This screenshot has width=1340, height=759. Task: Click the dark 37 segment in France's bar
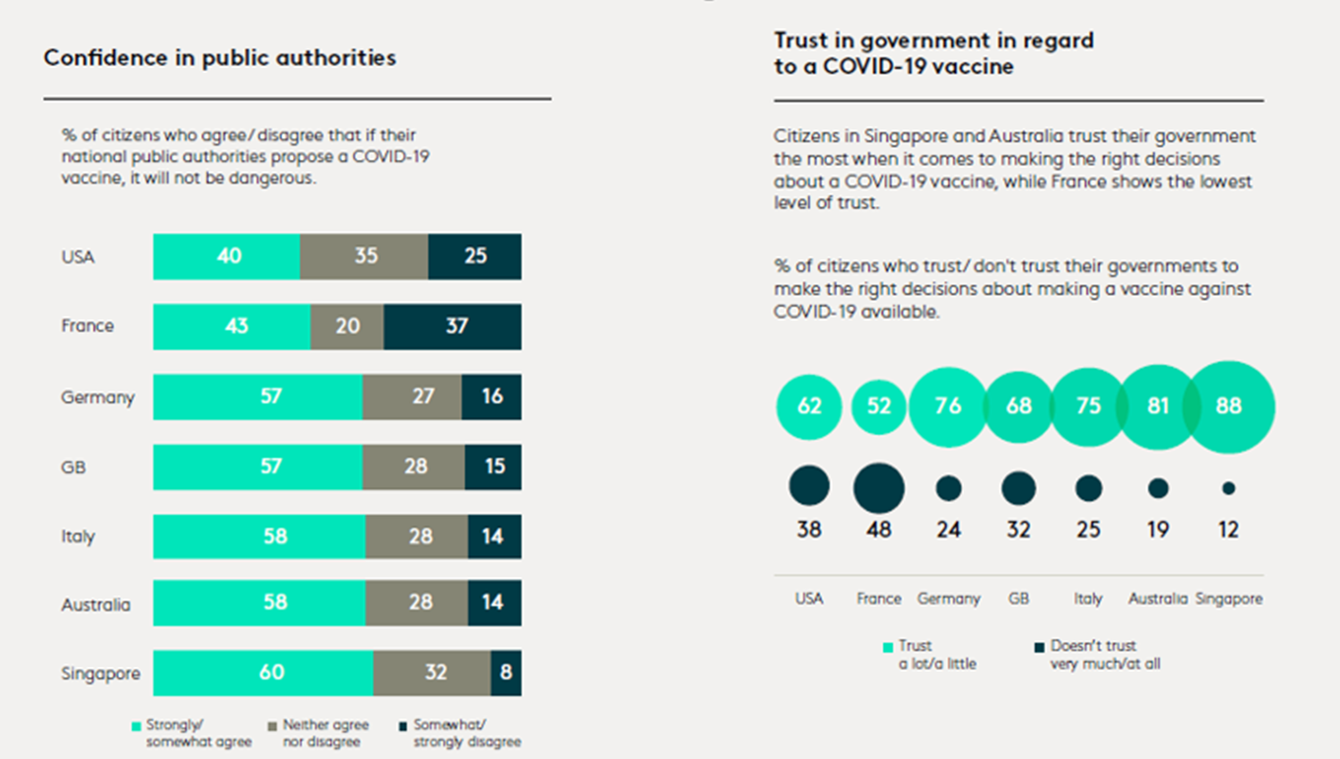pyautogui.click(x=453, y=326)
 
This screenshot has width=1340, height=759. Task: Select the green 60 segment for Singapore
pyautogui.click(x=264, y=672)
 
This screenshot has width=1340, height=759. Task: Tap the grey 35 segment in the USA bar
pyautogui.click(x=364, y=256)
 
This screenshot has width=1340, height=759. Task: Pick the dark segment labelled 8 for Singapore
pyautogui.click(x=506, y=672)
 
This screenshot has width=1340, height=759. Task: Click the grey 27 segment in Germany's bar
pyautogui.click(x=413, y=396)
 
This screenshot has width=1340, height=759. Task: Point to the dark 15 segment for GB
pyautogui.click(x=493, y=466)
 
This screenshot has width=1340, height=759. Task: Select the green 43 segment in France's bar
pyautogui.click(x=232, y=326)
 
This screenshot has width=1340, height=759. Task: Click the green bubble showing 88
pyautogui.click(x=1229, y=406)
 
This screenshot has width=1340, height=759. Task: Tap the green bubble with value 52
pyautogui.click(x=879, y=406)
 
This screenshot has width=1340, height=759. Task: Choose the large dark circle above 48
pyautogui.click(x=879, y=488)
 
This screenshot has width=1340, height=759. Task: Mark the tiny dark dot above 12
pyautogui.click(x=1228, y=488)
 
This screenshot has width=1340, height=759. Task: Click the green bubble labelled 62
pyautogui.click(x=809, y=406)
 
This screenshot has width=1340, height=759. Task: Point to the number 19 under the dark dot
pyautogui.click(x=1158, y=530)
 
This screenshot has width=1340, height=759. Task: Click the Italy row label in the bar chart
pyautogui.click(x=78, y=537)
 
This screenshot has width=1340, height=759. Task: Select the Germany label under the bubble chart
pyautogui.click(x=949, y=598)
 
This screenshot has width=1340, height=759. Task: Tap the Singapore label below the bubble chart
pyautogui.click(x=1228, y=598)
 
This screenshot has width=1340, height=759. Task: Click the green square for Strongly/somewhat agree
pyautogui.click(x=137, y=726)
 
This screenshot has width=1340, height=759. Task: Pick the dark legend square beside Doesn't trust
pyautogui.click(x=1039, y=646)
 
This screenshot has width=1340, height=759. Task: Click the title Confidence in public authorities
pyautogui.click(x=220, y=58)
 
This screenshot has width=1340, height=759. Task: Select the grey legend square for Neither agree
pyautogui.click(x=272, y=726)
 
